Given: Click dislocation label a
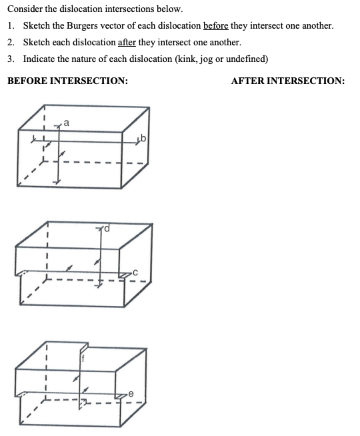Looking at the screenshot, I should (67, 121).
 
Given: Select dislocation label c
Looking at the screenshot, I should (135, 272).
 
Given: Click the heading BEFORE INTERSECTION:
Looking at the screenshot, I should (67, 81).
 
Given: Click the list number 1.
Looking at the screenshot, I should (11, 25).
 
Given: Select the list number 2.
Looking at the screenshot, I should (11, 42).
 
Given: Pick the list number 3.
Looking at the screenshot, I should (11, 59).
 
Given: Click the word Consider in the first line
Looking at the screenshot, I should (23, 9).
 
